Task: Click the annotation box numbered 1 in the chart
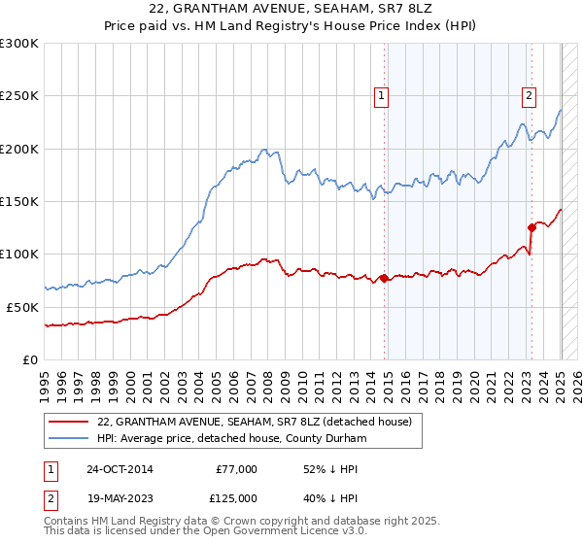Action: [x=381, y=95]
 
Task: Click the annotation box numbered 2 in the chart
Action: [x=529, y=95]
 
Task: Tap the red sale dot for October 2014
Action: [x=384, y=279]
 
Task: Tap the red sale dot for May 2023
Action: [x=532, y=227]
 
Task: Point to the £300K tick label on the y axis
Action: [x=18, y=44]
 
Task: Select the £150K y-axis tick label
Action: [x=18, y=201]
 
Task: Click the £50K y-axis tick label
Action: [x=22, y=306]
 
